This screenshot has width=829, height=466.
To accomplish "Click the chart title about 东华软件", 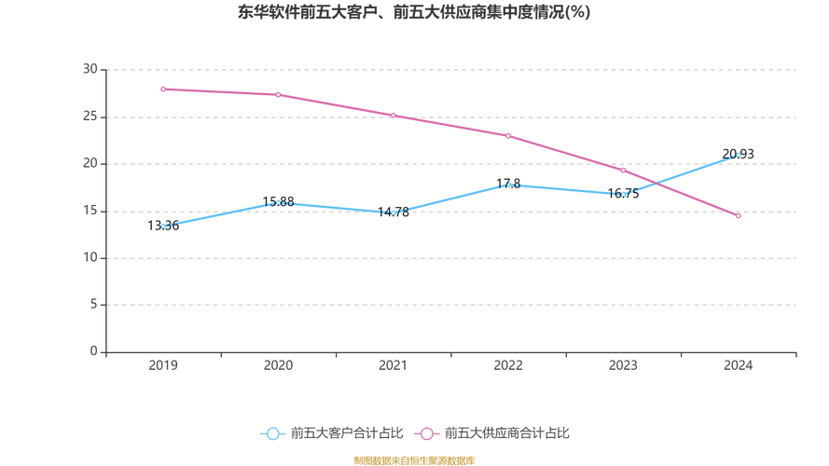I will [414, 13].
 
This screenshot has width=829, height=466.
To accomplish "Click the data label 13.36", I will [163, 226].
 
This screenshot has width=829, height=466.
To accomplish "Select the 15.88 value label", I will [278, 201].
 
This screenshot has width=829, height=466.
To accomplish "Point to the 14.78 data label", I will [393, 212].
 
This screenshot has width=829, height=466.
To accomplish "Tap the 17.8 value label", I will [508, 184].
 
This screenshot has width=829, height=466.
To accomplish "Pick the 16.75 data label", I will [623, 194].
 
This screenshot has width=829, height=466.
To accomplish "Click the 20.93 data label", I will [738, 154].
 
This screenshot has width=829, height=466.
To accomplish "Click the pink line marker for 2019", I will [163, 89].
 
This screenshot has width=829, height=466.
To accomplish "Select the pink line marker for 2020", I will [278, 94].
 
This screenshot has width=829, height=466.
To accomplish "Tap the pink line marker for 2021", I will [393, 116].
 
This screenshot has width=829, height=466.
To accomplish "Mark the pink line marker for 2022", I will [508, 135].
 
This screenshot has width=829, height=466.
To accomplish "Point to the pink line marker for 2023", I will [623, 171].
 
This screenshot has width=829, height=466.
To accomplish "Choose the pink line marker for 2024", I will [738, 215].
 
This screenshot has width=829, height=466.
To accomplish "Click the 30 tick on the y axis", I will [90, 70].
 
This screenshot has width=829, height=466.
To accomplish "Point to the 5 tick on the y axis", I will [93, 305].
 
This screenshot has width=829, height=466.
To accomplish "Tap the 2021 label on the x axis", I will [393, 365].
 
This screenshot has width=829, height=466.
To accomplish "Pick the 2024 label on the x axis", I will [738, 365].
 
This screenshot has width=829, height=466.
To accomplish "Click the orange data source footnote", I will [414, 460].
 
